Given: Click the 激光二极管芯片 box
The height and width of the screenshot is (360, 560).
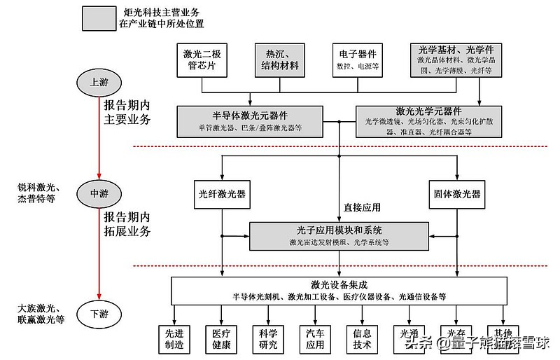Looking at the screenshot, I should pyautogui.click(x=203, y=60).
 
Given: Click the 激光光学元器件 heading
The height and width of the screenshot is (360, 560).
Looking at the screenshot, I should pyautogui.click(x=428, y=111).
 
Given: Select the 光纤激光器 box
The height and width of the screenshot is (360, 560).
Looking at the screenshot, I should pyautogui.click(x=223, y=194).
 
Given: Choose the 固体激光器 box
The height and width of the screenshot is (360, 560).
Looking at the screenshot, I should pyautogui.click(x=456, y=194).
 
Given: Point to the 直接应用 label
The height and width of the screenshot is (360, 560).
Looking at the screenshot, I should pyautogui.click(x=362, y=207).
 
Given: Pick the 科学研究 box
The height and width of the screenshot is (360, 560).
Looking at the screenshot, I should pyautogui.click(x=267, y=338).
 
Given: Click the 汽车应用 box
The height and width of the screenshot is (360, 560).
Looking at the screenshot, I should pyautogui.click(x=315, y=338).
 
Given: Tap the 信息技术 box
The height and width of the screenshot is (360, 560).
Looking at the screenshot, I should pyautogui.click(x=362, y=338).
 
